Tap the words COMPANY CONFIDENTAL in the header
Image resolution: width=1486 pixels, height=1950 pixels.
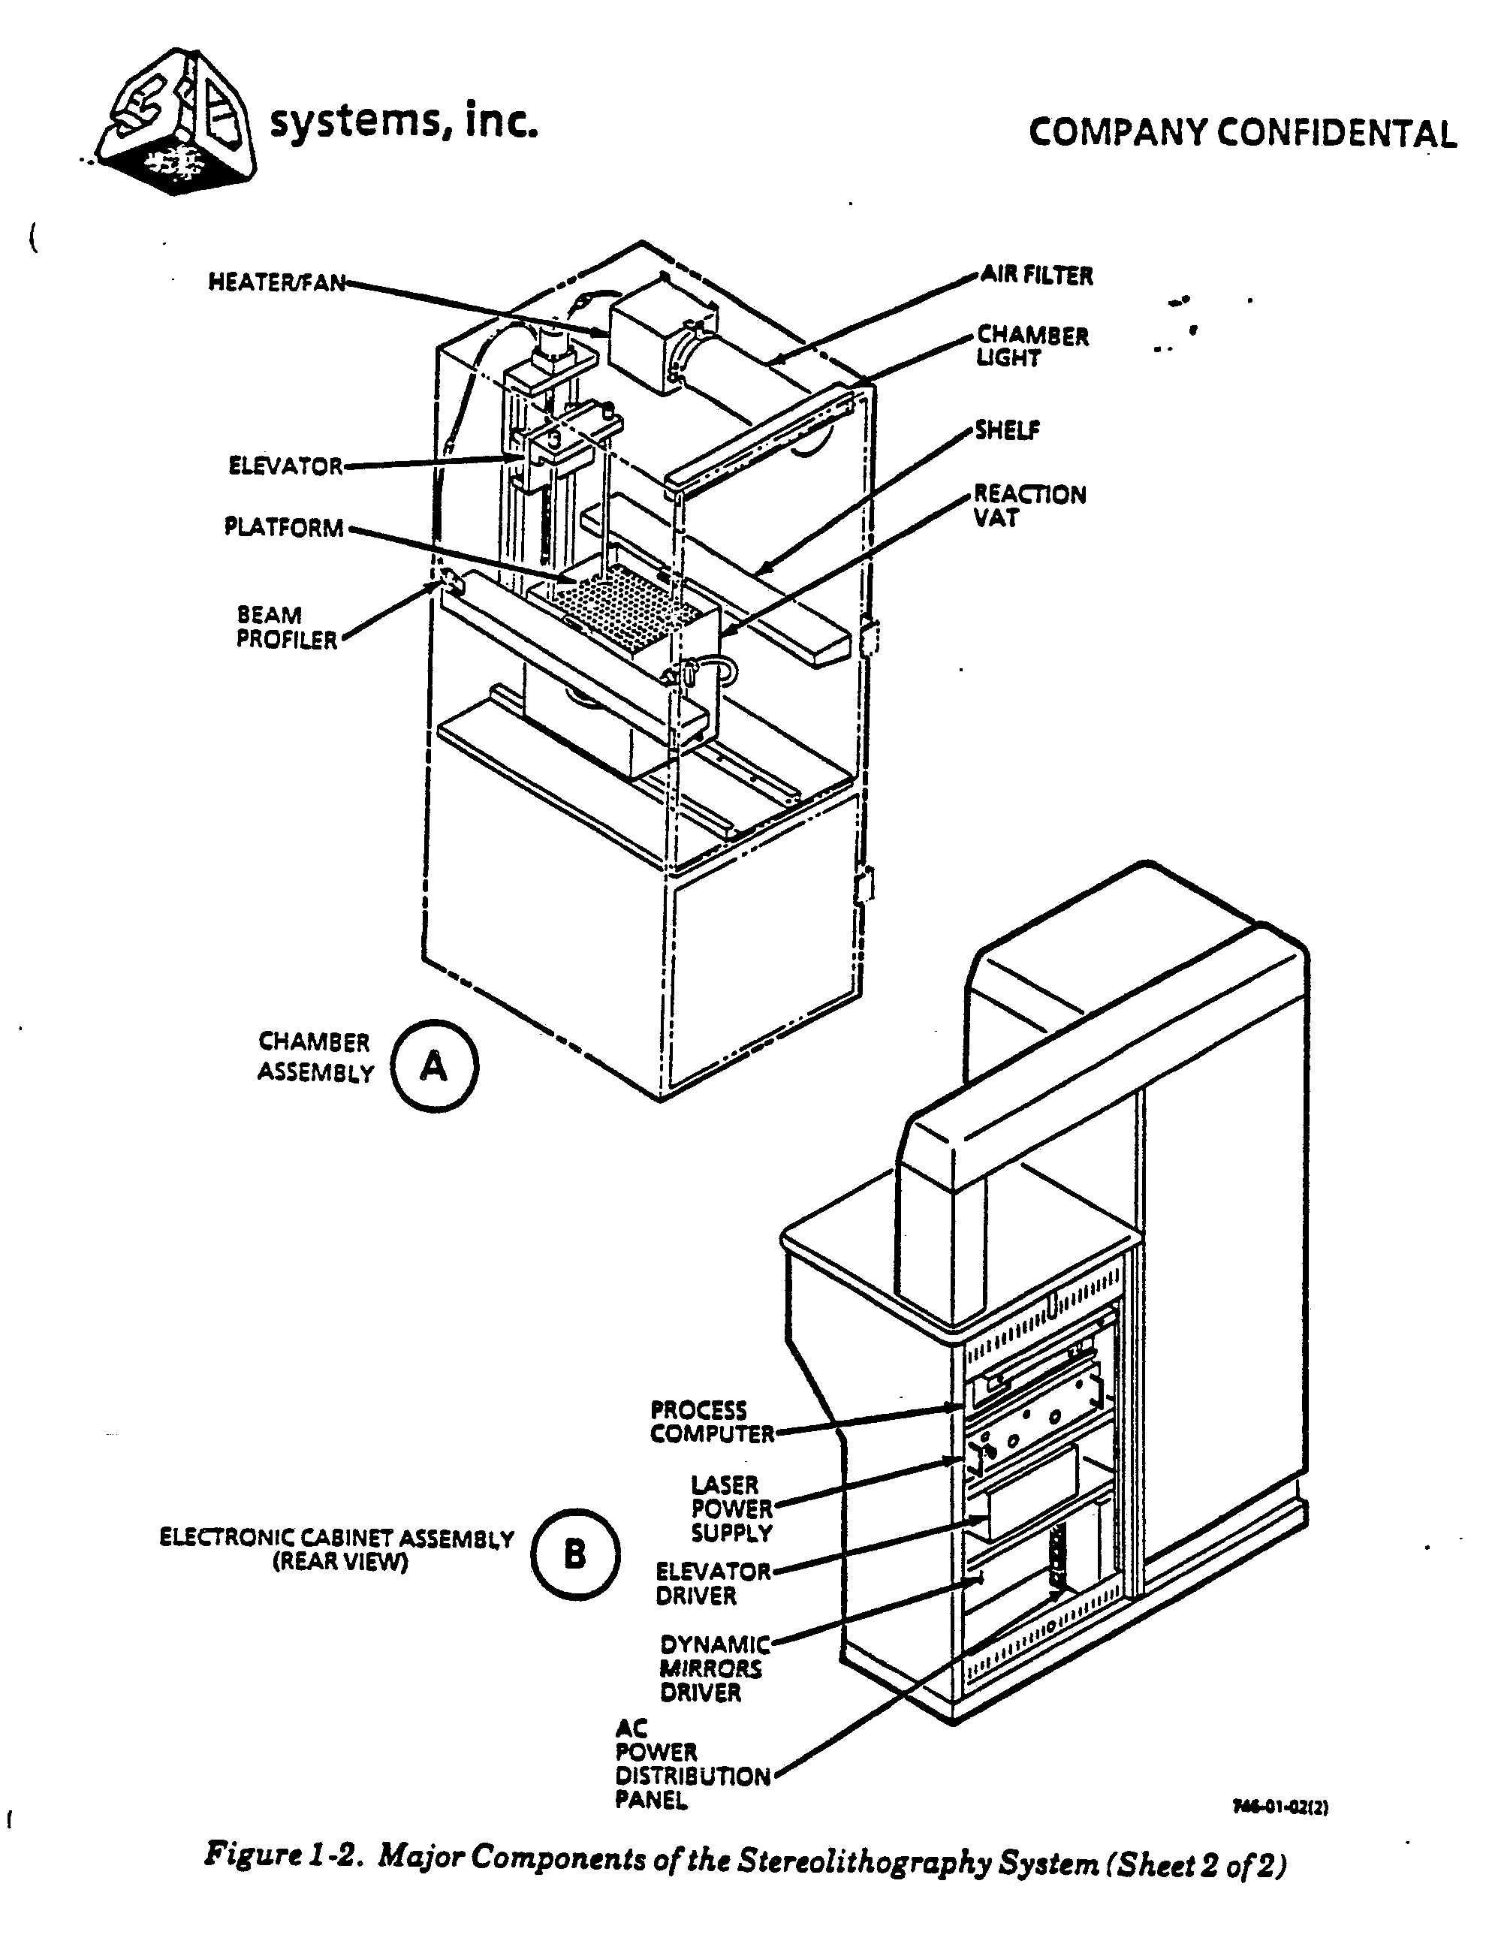coord(1243,134)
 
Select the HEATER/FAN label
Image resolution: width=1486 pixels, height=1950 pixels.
coord(276,282)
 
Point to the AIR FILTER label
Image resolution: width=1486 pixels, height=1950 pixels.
coord(1037,276)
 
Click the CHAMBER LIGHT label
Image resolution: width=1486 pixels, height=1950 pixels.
coord(1032,347)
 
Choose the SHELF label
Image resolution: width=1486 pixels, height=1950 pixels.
coord(1008,431)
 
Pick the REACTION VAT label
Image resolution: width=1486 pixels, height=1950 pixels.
coord(1029,506)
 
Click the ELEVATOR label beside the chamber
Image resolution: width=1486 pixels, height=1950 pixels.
coord(285,466)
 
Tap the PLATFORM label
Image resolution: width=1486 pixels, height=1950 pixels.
coord(283,528)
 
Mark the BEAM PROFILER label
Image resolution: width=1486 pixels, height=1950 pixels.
coord(287,627)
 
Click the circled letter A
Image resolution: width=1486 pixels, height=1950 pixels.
coord(433,1065)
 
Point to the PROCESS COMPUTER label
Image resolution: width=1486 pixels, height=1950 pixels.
coord(712,1422)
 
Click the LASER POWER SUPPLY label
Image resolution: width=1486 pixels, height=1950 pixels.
coord(731,1508)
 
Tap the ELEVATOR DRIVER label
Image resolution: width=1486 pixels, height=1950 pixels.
coord(713,1584)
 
